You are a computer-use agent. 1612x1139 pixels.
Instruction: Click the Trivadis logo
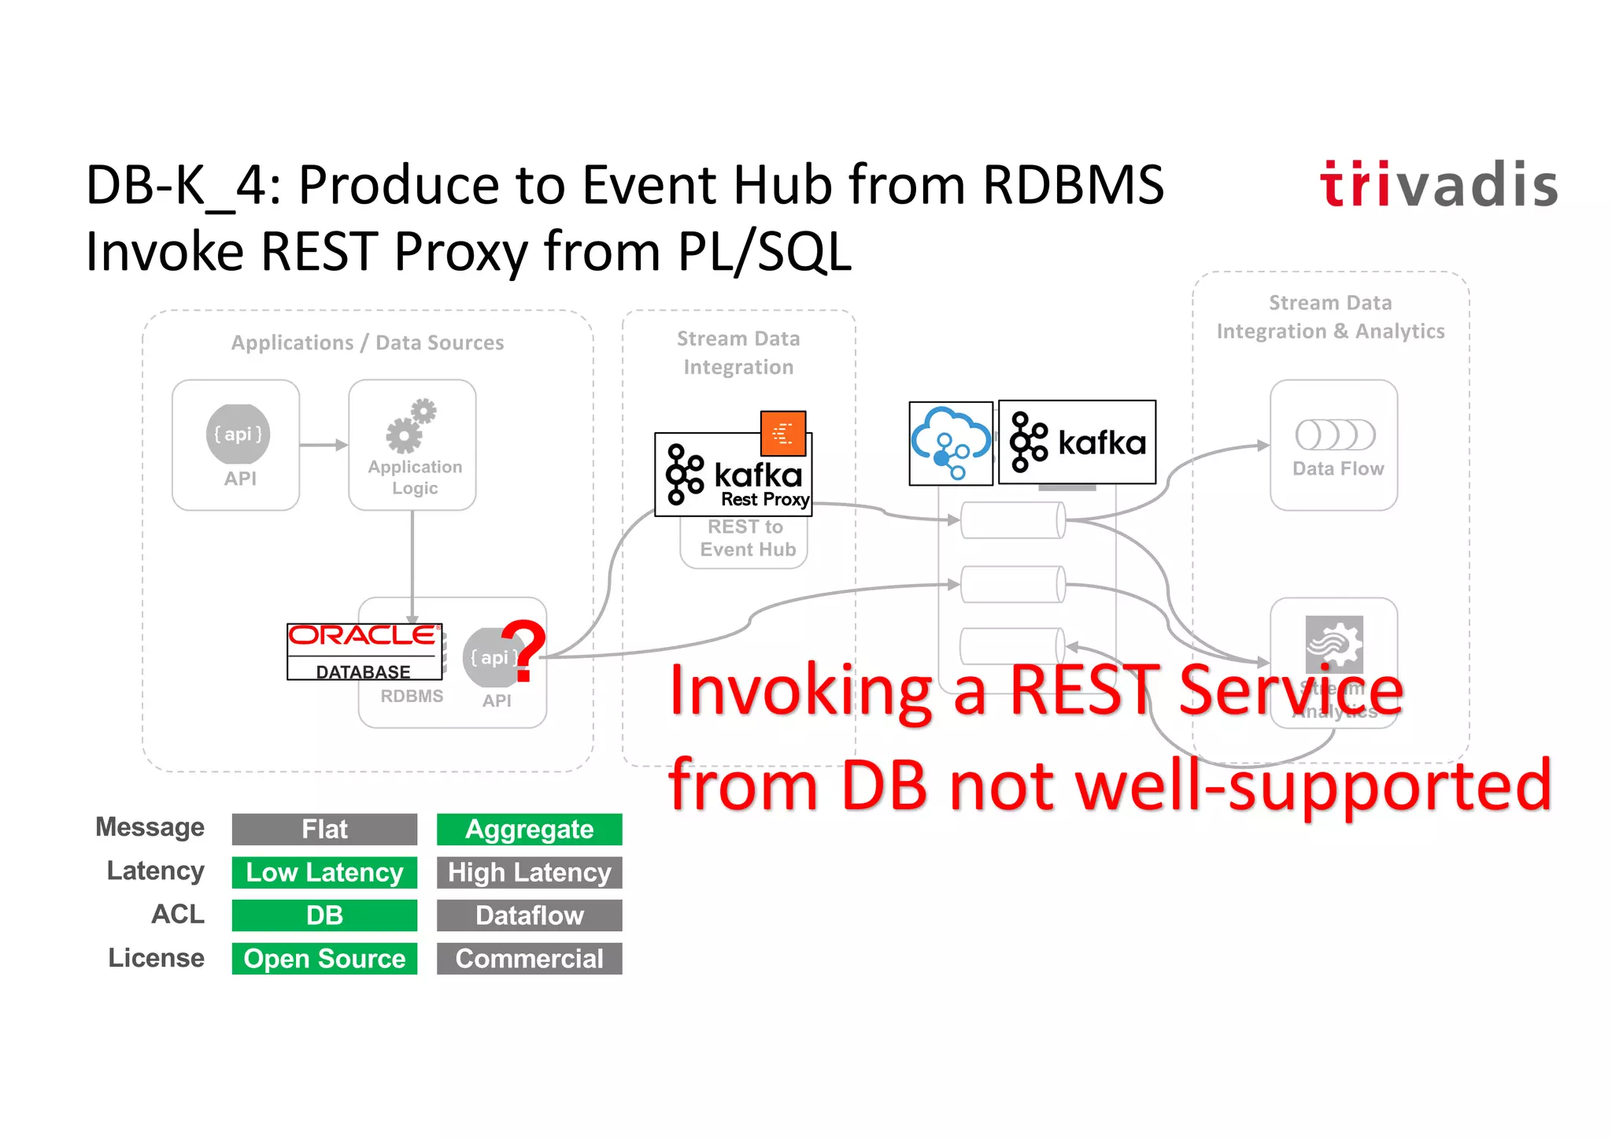[x=1438, y=185]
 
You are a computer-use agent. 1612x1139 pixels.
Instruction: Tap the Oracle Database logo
[x=364, y=652]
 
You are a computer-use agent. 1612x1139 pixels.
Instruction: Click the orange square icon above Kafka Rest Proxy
[x=783, y=433]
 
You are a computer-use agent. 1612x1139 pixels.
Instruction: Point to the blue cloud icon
[x=951, y=443]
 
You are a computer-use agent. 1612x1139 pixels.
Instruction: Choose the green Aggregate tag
[x=529, y=829]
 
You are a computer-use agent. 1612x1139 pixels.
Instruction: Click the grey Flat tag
[x=324, y=829]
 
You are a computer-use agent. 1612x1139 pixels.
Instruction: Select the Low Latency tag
[x=324, y=872]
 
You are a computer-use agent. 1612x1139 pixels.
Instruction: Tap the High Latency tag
[x=529, y=872]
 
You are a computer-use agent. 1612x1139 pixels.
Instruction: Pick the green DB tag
[x=324, y=915]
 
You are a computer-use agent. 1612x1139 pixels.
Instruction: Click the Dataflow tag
[x=529, y=915]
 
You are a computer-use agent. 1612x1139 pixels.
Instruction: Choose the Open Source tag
[x=324, y=959]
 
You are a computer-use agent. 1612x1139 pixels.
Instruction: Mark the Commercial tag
[x=529, y=959]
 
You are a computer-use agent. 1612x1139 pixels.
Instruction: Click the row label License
[x=156, y=958]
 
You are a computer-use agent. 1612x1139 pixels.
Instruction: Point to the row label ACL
[x=178, y=914]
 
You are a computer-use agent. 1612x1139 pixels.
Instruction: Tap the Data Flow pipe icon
[x=1335, y=435]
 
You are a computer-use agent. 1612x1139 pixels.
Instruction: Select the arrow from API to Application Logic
[x=324, y=445]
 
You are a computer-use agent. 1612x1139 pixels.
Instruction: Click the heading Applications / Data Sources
[x=368, y=343]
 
